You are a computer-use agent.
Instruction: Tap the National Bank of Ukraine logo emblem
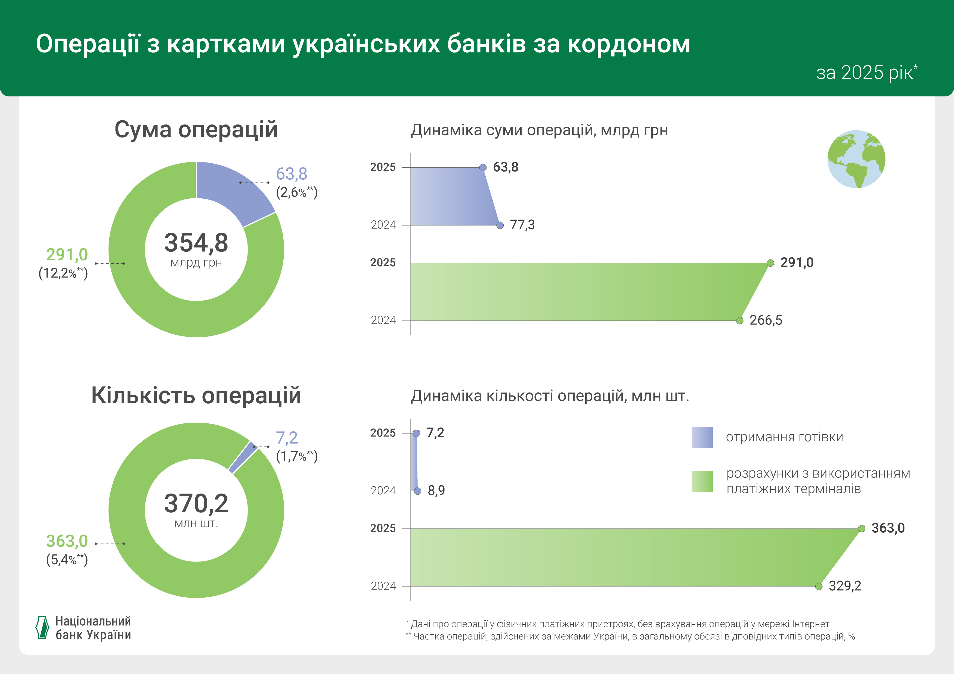click(x=42, y=628)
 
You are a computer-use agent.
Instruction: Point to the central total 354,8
click(x=196, y=243)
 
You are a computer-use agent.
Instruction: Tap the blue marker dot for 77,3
click(x=500, y=225)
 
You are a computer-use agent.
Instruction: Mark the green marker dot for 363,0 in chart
click(x=861, y=529)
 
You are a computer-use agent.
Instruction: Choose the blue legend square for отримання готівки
click(x=702, y=437)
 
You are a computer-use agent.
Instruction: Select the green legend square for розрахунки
click(x=702, y=481)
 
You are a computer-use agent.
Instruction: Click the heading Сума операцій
click(x=196, y=130)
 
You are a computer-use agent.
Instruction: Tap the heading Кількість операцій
click(x=196, y=395)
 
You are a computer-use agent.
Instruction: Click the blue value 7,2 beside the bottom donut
click(x=287, y=438)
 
